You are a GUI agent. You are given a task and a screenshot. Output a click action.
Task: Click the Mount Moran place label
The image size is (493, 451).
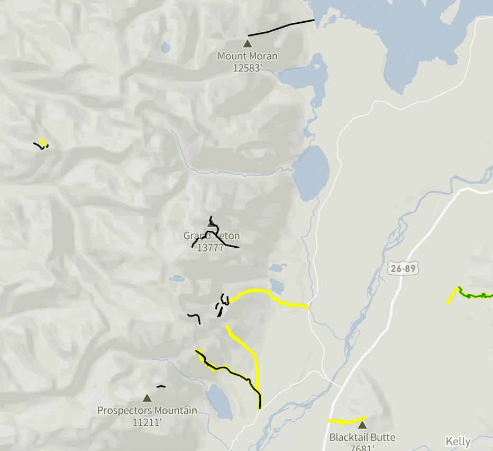[x=248, y=56]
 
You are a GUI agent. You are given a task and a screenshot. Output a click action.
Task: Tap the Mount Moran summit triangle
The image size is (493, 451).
[x=247, y=43]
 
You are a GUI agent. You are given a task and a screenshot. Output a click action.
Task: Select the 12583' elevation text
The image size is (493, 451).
[x=248, y=67]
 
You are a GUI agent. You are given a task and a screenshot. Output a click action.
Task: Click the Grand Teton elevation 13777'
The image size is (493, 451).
[x=211, y=247]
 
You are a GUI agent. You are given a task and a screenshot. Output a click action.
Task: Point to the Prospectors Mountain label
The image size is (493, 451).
[x=147, y=410]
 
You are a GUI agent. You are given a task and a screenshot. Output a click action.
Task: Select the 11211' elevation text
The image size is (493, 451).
[x=147, y=422]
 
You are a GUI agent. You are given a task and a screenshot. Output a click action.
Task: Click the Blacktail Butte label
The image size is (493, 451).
[x=362, y=437]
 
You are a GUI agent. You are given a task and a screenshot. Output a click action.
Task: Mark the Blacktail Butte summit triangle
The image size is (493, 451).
[x=362, y=425]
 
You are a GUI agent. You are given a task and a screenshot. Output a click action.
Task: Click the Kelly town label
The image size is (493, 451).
[x=458, y=441]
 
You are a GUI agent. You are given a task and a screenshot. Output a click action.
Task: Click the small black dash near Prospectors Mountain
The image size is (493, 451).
[x=161, y=386]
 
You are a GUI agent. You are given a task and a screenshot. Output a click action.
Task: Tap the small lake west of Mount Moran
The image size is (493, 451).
[x=166, y=48]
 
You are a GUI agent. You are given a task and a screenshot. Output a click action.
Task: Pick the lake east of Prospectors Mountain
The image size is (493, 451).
[x=219, y=401]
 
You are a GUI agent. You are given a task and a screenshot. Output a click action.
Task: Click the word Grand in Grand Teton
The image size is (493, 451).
[x=194, y=236]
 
